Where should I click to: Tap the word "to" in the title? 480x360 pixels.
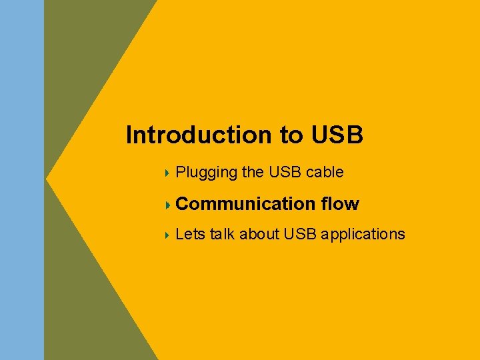click(x=291, y=135)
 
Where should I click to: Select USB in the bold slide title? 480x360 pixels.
click(x=337, y=135)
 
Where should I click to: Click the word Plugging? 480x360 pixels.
click(x=207, y=173)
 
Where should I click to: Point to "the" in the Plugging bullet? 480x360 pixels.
click(x=253, y=172)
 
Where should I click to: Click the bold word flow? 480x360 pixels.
click(x=340, y=203)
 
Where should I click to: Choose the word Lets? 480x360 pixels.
click(x=190, y=234)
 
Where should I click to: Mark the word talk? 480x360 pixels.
click(x=222, y=234)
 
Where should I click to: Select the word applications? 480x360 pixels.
click(x=363, y=235)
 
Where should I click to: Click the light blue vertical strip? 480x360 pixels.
click(x=21, y=180)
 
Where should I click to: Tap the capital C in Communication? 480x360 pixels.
click(x=183, y=203)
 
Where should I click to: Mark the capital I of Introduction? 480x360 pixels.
click(x=130, y=135)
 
